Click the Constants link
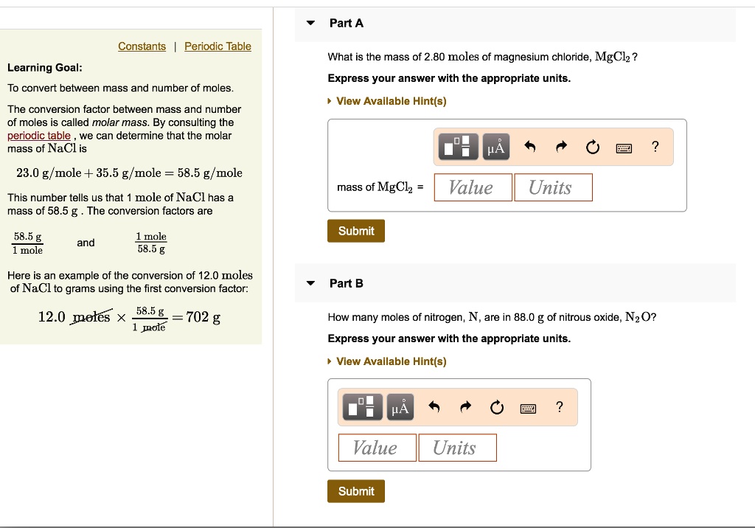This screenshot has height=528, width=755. pos(142,46)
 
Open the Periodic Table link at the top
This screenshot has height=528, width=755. pos(218,46)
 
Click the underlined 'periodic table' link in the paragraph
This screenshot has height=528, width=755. pos(39,136)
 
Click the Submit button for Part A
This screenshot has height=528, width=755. pos(356,231)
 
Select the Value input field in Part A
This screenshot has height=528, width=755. pos(473,187)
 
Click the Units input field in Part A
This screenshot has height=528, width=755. pos(553,187)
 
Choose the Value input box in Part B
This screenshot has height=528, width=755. pos(377,448)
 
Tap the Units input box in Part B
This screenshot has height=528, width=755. pos(457,448)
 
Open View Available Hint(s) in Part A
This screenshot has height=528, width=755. pos(391,101)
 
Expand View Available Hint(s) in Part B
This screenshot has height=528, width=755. pos(391,361)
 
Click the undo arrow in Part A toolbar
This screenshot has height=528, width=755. pos(529,147)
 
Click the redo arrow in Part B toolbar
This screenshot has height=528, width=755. pos(466,408)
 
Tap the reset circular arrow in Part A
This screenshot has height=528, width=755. pos(593,147)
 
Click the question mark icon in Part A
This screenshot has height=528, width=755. pos(655,147)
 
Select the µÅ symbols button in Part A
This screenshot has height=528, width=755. pos(497,147)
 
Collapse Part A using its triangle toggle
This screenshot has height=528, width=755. pos(310,23)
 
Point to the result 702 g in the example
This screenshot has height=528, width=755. pos(203,317)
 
